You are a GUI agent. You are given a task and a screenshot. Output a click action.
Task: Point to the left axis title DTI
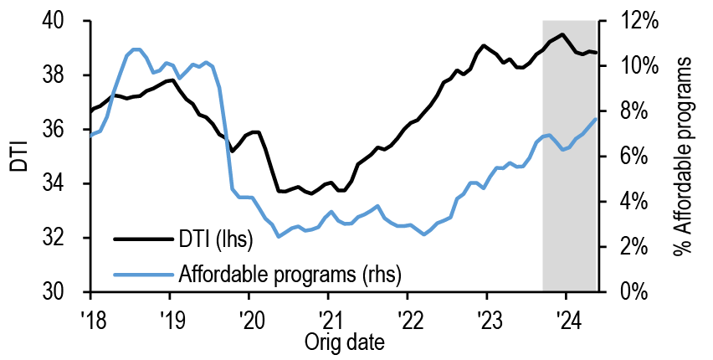[x=18, y=157]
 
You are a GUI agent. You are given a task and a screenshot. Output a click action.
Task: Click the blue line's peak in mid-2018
[x=136, y=49]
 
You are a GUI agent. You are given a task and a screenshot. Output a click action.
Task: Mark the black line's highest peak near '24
[x=562, y=34]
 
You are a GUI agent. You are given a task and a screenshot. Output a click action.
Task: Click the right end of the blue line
[x=596, y=119]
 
